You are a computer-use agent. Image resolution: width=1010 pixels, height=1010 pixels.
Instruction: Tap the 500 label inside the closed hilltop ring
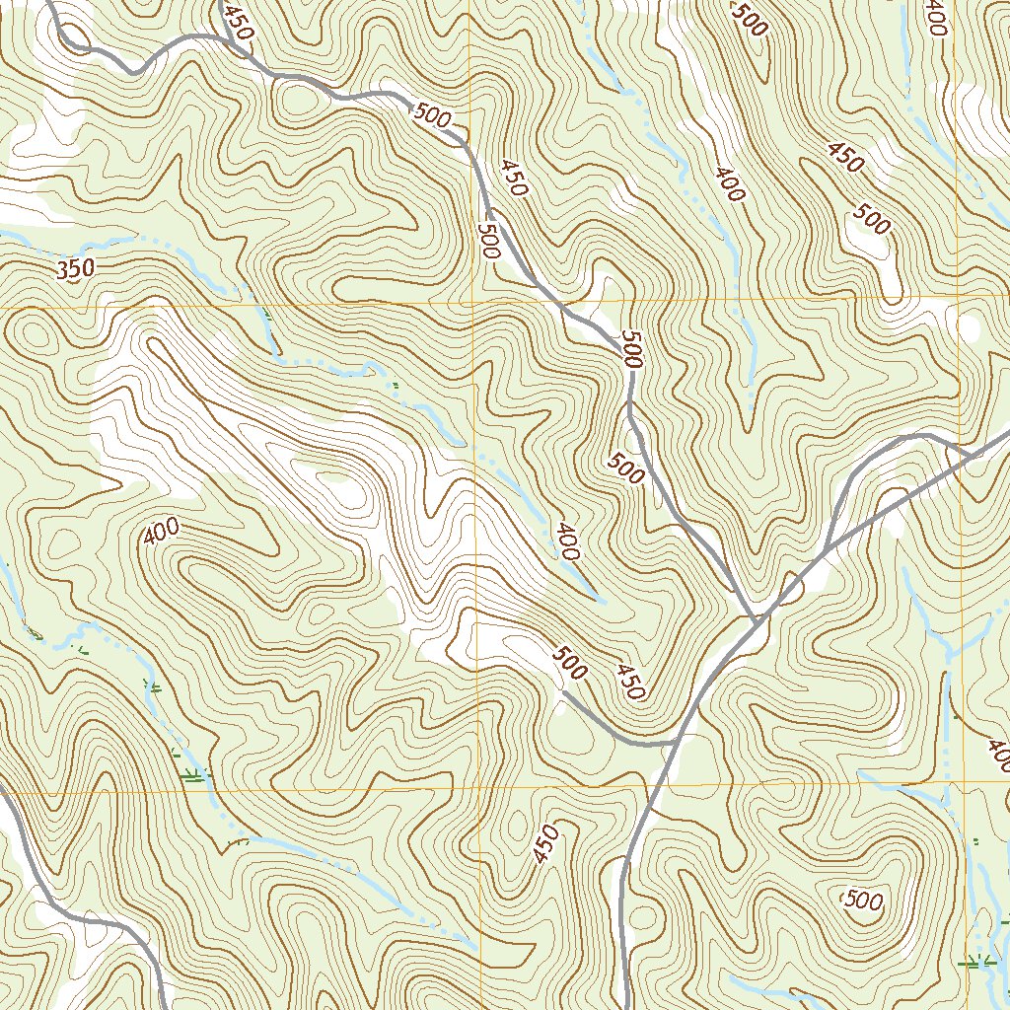(864, 900)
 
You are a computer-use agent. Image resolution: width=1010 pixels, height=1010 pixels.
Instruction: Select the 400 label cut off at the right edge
(998, 756)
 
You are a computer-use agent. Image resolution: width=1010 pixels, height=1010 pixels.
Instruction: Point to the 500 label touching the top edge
(750, 19)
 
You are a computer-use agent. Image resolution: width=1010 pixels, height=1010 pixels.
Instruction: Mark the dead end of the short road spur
(563, 694)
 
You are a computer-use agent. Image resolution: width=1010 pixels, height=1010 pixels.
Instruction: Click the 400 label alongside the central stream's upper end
(565, 542)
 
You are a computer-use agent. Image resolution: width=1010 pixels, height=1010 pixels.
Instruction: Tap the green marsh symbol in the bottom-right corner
(976, 961)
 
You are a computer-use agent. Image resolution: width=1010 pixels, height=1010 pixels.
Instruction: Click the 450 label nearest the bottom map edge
(545, 844)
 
